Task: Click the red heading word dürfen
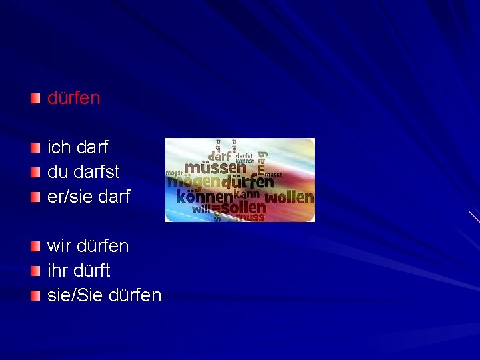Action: click(x=73, y=99)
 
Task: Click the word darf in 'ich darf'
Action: click(x=93, y=147)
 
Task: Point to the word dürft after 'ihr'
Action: click(x=93, y=271)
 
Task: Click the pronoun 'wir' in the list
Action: click(x=59, y=246)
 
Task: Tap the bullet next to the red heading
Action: click(x=35, y=99)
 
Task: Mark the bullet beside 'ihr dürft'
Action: click(x=35, y=271)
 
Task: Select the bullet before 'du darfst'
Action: click(x=35, y=172)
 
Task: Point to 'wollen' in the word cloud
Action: click(x=289, y=197)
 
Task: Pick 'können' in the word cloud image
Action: click(x=205, y=197)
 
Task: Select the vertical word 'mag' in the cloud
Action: click(x=263, y=157)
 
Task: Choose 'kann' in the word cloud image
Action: click(x=247, y=194)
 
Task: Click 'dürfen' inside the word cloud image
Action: click(x=247, y=181)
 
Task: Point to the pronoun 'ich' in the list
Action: click(x=59, y=147)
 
